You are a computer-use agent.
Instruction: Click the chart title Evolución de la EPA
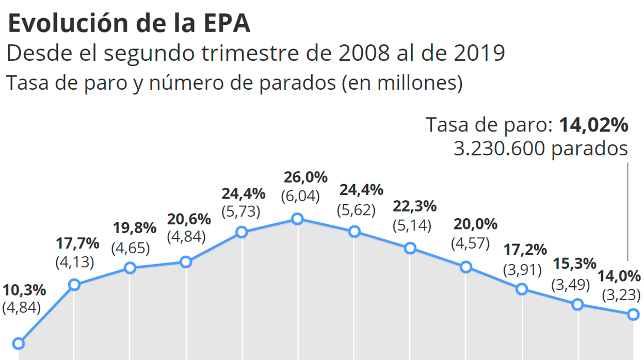129,24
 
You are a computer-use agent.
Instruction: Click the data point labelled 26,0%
297,219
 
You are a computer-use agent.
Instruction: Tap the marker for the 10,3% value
19,343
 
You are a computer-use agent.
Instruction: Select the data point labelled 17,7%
74,285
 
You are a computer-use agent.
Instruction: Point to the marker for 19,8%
130,268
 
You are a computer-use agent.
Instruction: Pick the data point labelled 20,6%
186,262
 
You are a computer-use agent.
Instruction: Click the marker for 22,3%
410,248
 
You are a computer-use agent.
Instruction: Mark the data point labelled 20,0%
466,267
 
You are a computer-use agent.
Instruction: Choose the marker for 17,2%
522,289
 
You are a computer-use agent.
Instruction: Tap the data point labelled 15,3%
577,305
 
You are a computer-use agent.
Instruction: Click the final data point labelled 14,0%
634,314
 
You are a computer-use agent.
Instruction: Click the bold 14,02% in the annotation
594,125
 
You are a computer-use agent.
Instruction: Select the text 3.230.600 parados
541,149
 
